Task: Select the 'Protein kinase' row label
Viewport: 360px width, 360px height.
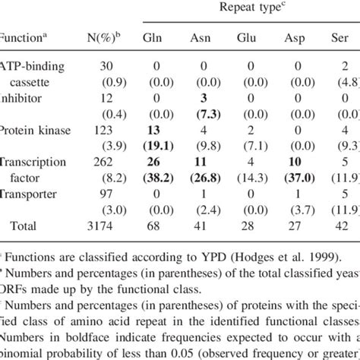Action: (35, 130)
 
